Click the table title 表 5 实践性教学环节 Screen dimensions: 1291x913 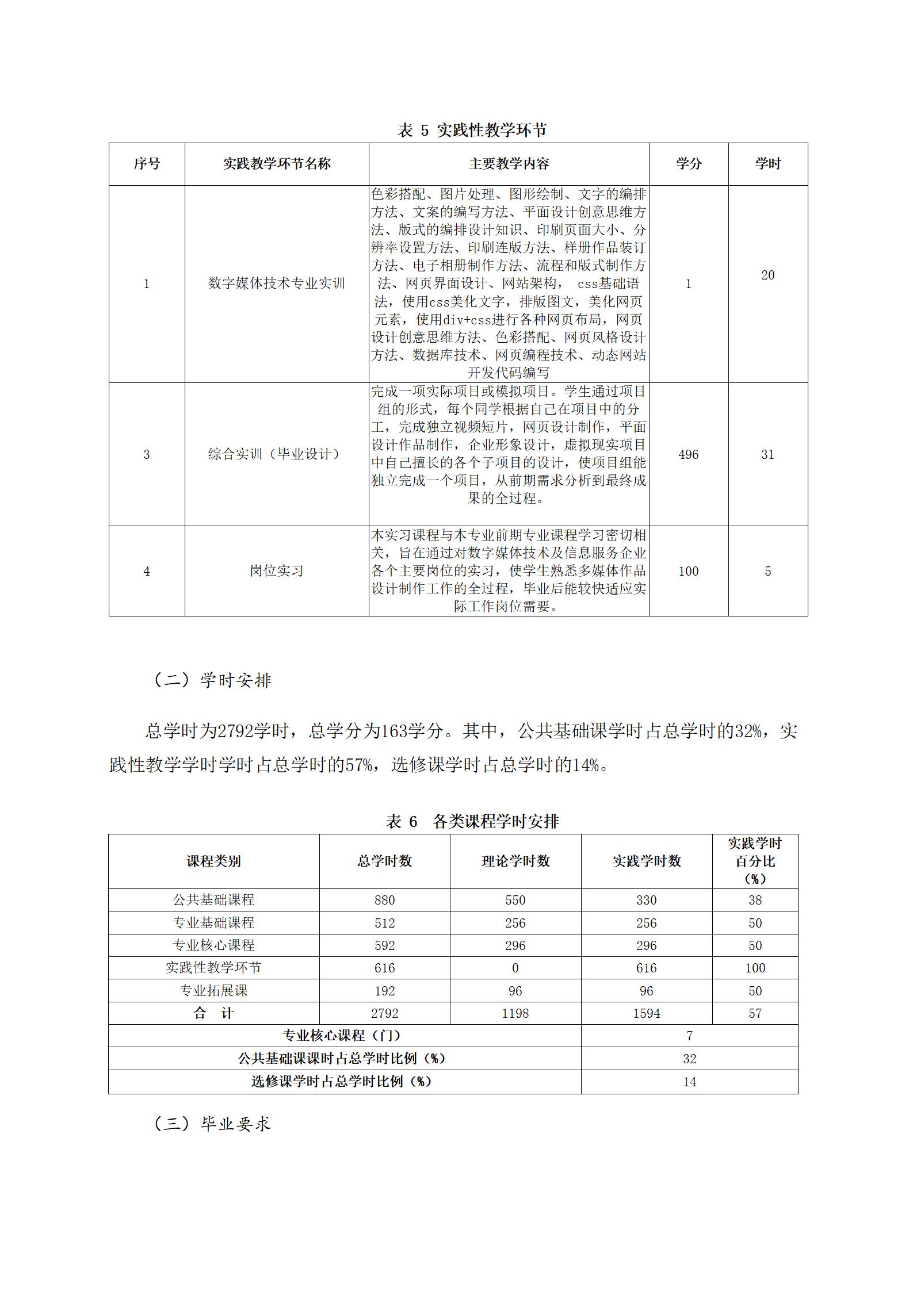471,131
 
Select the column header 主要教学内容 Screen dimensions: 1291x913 509,164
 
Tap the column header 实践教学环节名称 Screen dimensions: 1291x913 277,164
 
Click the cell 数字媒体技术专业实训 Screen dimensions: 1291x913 277,284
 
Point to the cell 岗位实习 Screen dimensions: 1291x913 277,571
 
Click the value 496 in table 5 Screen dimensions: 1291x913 688,454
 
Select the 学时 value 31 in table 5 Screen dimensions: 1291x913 767,454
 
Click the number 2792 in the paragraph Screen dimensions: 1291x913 237,731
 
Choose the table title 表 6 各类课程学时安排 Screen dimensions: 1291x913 472,822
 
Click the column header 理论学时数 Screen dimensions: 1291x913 515,861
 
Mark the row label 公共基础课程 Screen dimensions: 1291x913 213,900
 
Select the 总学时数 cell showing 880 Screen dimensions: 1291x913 384,900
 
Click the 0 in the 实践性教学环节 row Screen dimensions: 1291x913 515,968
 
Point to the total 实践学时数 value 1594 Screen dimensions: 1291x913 647,1013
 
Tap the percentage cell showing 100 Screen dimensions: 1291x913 755,968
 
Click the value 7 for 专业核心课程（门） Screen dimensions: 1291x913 689,1036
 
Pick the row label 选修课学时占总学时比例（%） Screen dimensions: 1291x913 342,1081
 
